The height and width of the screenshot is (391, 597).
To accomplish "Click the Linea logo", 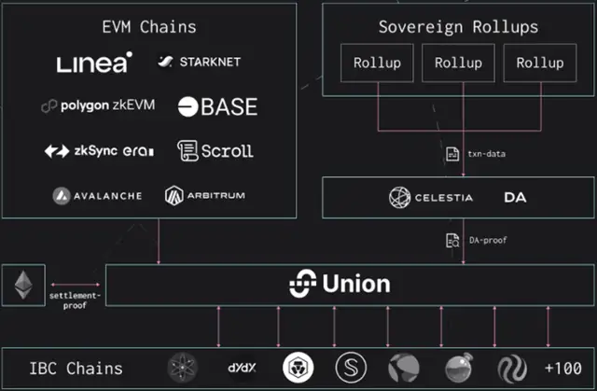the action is pos(94,63).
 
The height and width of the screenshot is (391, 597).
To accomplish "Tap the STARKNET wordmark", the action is pos(210,62).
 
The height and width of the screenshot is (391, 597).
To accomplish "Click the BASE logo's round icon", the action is pos(188,106).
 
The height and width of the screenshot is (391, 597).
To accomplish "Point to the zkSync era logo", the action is pos(100,151).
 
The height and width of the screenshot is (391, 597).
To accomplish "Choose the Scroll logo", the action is pos(215,151).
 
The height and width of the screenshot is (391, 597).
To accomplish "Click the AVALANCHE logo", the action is pos(97,196).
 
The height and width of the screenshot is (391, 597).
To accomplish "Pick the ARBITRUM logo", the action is pos(205,196).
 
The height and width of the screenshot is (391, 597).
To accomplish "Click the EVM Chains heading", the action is pos(149,27).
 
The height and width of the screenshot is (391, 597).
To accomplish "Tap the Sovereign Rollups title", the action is pos(458,27).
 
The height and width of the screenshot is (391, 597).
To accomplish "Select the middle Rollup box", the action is pos(458,63).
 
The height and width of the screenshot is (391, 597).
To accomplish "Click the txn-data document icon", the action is pos(452,154).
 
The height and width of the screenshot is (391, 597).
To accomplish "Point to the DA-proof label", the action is pos(488,240).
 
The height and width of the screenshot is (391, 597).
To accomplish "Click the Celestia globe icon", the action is pos(400,197).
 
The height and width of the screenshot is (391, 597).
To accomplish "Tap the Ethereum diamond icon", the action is pos(23,285).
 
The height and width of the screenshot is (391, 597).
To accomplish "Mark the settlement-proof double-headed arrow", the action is pos(76,285).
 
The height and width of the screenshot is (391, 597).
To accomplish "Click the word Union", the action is pos(356,284).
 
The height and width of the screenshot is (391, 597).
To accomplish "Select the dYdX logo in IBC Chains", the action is pos(243,368).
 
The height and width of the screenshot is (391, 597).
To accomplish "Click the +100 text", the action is pos(563,369).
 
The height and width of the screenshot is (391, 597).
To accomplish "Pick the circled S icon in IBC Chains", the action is pos(351,368).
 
